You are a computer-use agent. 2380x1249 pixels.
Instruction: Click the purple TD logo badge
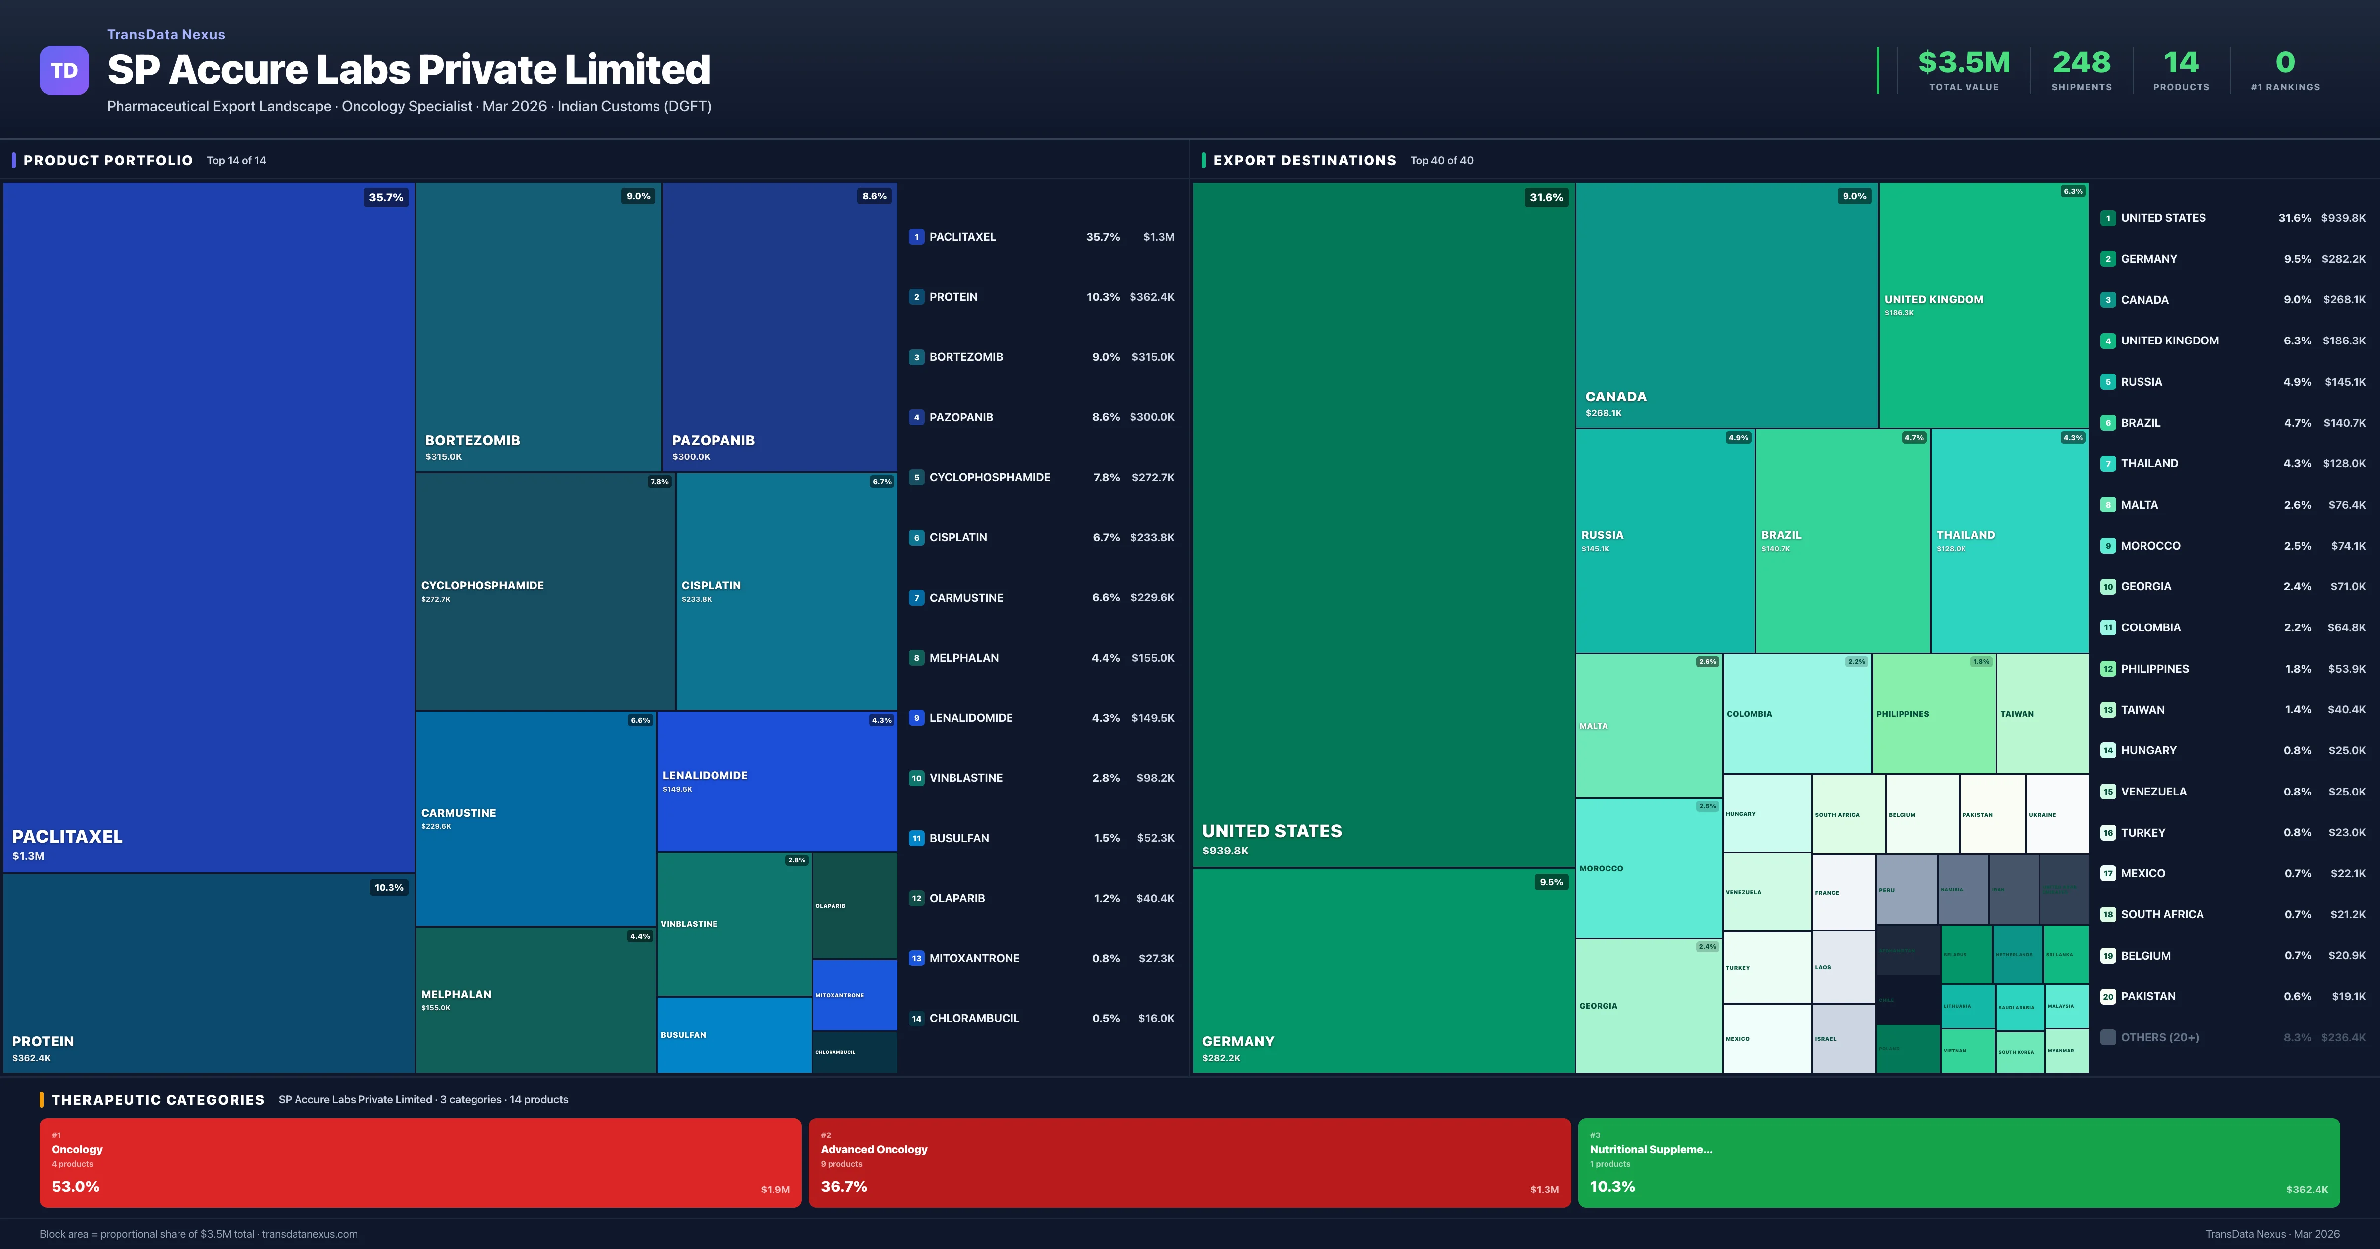pos(64,70)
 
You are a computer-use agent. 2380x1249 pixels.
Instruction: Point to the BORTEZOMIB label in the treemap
pos(472,440)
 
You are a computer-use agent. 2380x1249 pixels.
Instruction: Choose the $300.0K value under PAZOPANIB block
pos(691,456)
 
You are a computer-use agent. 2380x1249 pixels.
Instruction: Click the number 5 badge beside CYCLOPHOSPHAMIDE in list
pos(916,478)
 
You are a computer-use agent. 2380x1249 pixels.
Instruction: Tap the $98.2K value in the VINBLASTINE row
pos(1155,778)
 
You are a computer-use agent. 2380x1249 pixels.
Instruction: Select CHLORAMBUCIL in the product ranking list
pos(974,1018)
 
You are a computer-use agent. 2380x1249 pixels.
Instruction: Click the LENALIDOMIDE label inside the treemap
pos(705,775)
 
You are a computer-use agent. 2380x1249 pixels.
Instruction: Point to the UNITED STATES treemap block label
pos(1271,831)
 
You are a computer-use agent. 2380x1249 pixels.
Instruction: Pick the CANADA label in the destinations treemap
pos(1615,397)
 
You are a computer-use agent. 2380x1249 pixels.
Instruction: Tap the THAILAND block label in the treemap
pos(1965,535)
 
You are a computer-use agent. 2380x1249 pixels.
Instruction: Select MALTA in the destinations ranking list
pos(2139,505)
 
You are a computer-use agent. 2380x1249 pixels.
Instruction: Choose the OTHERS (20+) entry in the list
pos(2159,1037)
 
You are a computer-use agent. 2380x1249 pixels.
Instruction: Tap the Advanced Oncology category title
pos(873,1149)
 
